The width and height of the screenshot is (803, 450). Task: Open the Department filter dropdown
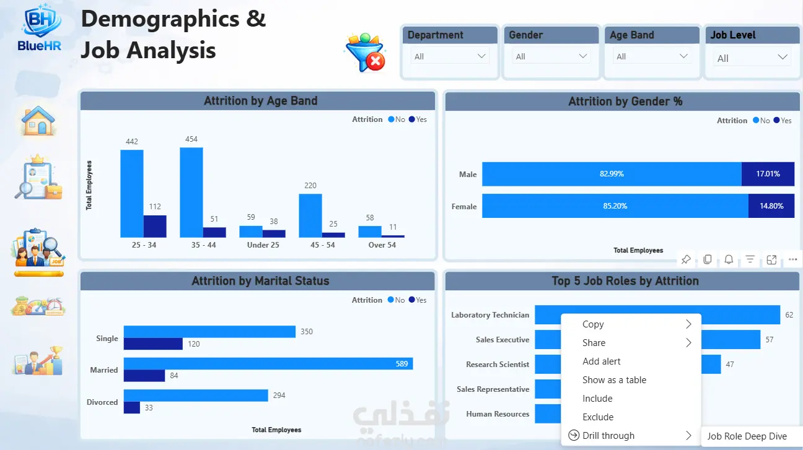[450, 56]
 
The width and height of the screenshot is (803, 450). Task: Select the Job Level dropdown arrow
[783, 58]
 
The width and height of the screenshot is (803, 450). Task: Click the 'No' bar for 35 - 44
[191, 193]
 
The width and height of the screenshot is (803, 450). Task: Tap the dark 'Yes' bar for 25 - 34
[155, 227]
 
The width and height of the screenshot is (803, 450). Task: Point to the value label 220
[310, 186]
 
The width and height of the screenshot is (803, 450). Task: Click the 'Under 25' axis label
[263, 245]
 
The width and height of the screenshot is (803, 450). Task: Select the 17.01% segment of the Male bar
[768, 174]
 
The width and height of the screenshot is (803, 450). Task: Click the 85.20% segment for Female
[615, 206]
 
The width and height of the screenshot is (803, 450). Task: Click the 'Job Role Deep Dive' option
[747, 436]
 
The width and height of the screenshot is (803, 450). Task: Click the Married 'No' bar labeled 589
[268, 363]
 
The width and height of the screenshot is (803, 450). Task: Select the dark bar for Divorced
[131, 407]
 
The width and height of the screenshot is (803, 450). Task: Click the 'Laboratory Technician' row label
[490, 315]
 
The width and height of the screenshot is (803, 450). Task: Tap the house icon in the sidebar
[38, 121]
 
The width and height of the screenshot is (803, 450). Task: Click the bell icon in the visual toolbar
[729, 259]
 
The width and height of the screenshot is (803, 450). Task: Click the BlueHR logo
[40, 27]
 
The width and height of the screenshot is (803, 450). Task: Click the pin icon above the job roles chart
[686, 259]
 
